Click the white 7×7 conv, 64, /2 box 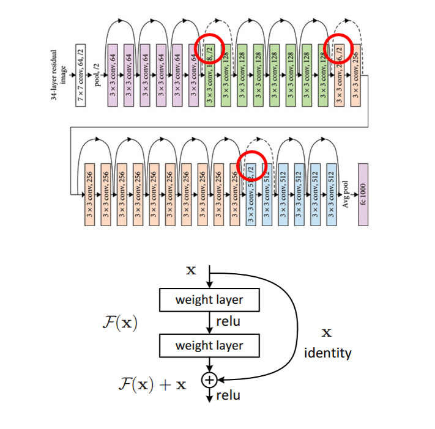(81, 75)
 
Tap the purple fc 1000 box (363, 194)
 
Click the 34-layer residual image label (58, 75)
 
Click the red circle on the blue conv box (251, 165)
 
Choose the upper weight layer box (209, 300)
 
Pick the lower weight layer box (209, 345)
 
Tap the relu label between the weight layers (228, 322)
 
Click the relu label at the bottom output (228, 395)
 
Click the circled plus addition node (209, 380)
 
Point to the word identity (328, 353)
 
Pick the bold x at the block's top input (191, 269)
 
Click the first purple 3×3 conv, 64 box (113, 75)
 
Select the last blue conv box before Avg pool (331, 194)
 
